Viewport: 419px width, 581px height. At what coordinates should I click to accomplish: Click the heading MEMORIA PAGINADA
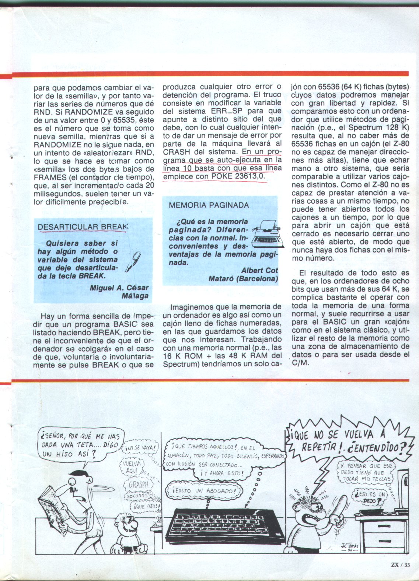point(209,205)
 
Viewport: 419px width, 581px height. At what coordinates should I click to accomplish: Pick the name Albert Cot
point(259,271)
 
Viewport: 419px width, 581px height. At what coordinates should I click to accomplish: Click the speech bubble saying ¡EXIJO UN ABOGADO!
point(203,491)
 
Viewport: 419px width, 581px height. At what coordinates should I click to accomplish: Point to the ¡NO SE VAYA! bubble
point(140,449)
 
